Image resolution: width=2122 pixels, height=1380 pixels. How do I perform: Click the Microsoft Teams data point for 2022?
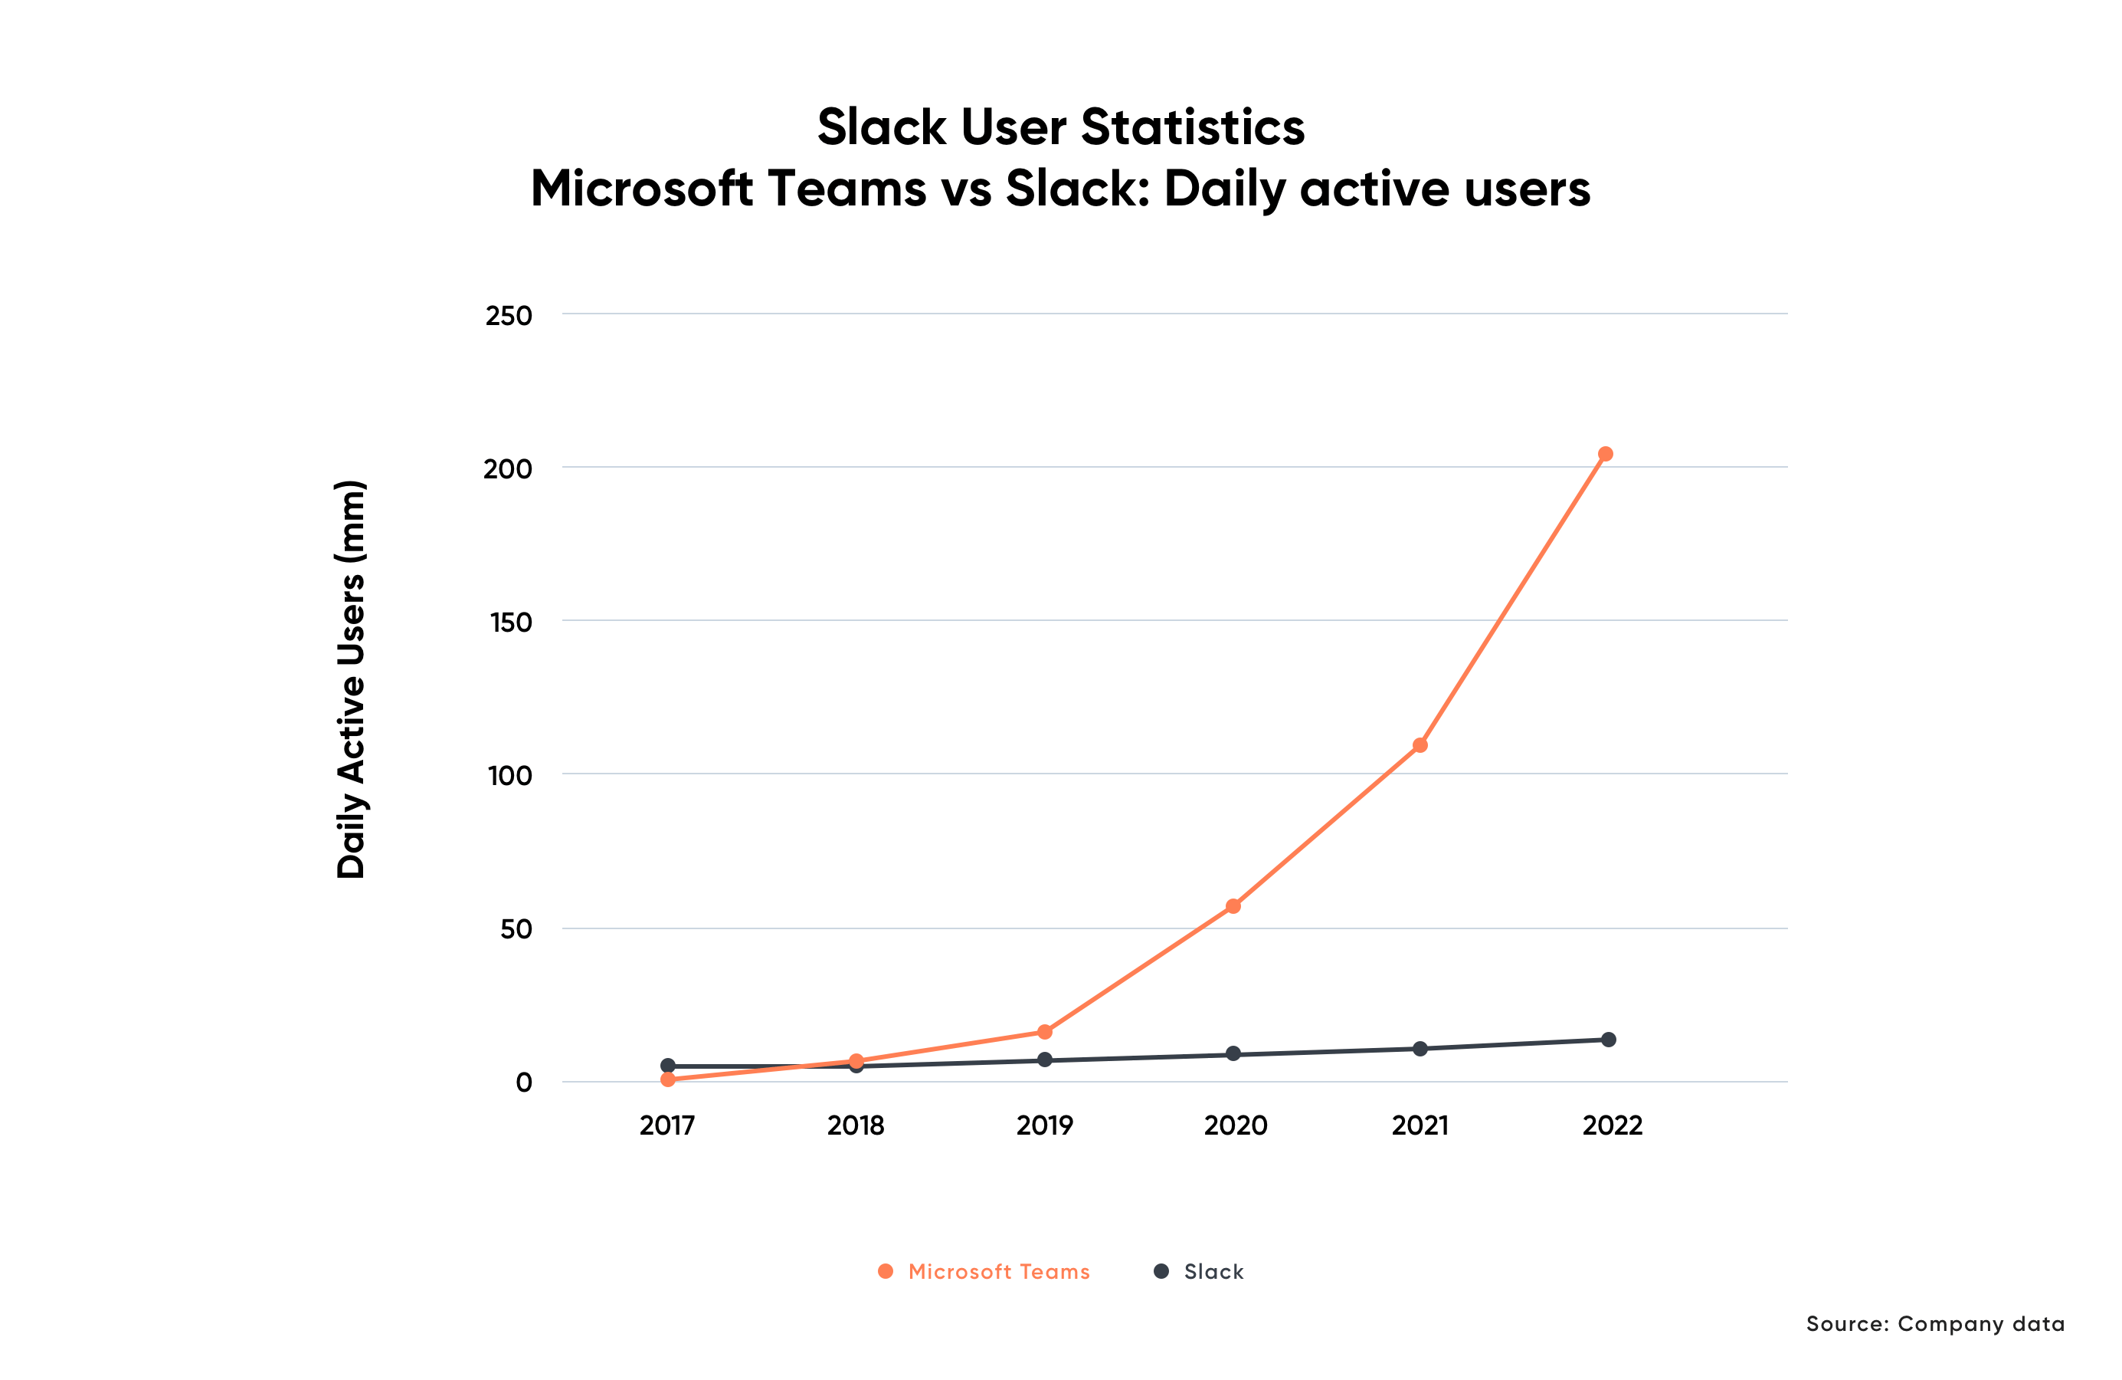coord(1605,454)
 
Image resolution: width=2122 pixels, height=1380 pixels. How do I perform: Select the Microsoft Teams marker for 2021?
coord(1420,745)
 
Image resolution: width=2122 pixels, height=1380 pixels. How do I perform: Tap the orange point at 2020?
coord(1233,906)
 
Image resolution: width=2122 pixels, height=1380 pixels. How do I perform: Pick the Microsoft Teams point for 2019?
coord(1045,1032)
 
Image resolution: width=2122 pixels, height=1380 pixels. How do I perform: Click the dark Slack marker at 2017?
coord(668,1065)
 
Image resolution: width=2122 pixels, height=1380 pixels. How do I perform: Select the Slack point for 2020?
coord(1233,1053)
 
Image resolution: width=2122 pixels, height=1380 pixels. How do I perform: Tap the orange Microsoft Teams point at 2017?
coord(668,1079)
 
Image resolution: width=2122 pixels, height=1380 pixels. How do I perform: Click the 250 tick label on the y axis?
coord(508,316)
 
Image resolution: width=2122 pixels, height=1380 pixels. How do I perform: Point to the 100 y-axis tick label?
coord(509,776)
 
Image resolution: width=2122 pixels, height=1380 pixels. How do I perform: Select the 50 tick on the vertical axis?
coord(516,929)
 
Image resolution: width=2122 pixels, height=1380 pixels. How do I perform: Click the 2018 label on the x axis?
coord(855,1125)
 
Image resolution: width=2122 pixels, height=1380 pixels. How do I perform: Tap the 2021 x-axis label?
coord(1420,1125)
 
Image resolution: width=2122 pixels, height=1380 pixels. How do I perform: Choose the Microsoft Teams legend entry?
coord(985,1271)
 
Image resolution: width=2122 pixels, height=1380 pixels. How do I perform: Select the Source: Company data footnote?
coord(1935,1324)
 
